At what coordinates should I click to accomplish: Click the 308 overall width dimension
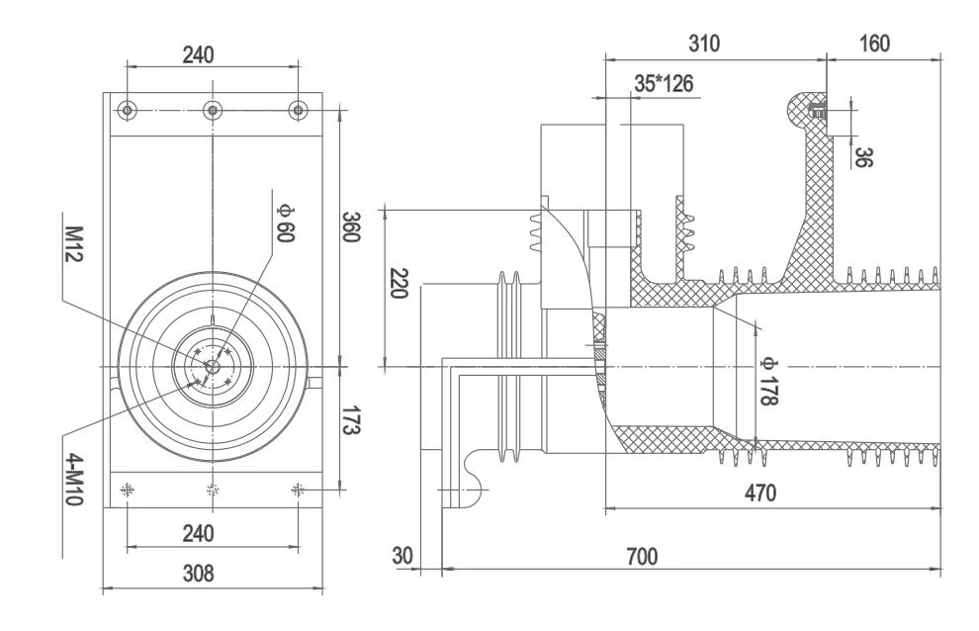(x=212, y=573)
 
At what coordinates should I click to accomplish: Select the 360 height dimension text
(x=351, y=228)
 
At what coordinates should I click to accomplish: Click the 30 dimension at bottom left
(x=401, y=555)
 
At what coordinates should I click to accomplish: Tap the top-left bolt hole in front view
(x=126, y=108)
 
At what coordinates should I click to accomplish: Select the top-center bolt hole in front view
(x=211, y=108)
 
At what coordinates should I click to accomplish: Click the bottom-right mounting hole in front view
(x=297, y=489)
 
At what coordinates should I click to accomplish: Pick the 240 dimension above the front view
(x=211, y=52)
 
